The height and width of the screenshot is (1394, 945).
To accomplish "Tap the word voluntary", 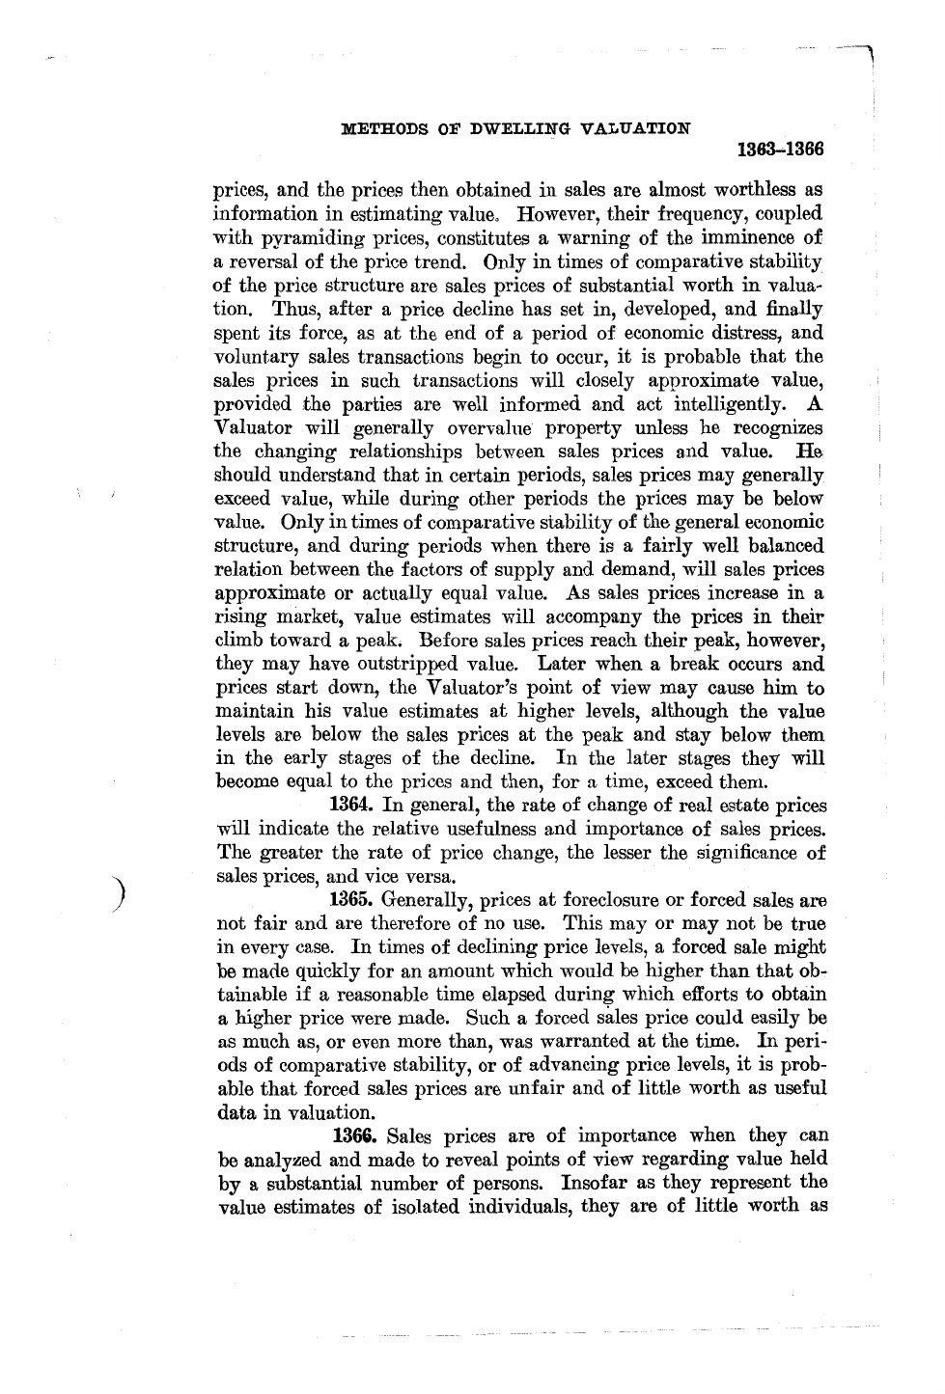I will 250,356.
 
